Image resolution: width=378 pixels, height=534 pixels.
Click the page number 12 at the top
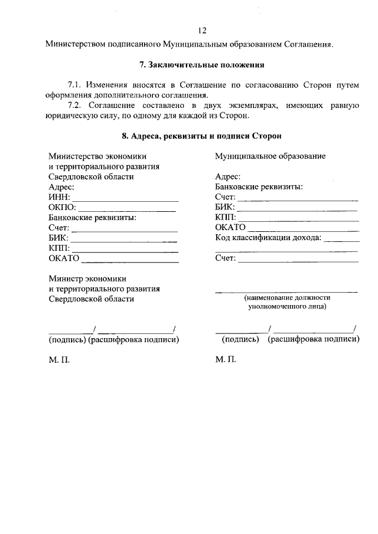tap(202, 31)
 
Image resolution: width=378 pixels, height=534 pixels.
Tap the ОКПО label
tap(63, 207)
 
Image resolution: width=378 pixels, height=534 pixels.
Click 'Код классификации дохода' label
tap(268, 238)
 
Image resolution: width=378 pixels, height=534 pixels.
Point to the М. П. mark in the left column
tap(59, 359)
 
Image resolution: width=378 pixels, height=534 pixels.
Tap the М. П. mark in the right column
tap(226, 359)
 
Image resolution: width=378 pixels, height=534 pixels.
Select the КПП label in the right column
tap(226, 217)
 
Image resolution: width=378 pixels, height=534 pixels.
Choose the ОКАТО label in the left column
tap(64, 258)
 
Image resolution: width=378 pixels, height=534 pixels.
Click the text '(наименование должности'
tap(287, 298)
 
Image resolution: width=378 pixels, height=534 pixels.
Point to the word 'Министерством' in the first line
tap(75, 43)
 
